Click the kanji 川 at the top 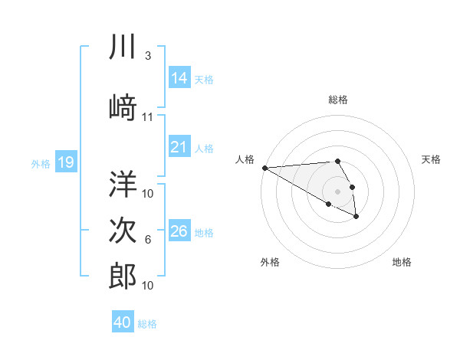(123, 47)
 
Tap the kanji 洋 (123, 184)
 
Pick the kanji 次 (123, 231)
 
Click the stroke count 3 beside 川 (148, 56)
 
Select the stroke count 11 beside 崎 (148, 116)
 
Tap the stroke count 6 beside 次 (148, 240)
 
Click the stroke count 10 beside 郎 (148, 285)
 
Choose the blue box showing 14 (179, 78)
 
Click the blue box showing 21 (179, 147)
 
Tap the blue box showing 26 (179, 231)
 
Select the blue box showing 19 (66, 162)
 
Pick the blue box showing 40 (123, 322)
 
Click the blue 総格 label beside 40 (147, 324)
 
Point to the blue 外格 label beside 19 (41, 163)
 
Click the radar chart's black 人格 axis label (244, 159)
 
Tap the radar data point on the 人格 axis (264, 168)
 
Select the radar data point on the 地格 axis (356, 218)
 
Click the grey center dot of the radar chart (337, 191)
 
